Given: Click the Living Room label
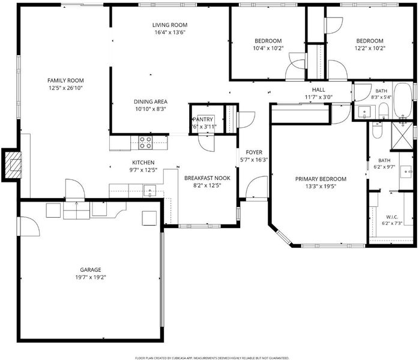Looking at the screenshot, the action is click(x=170, y=25).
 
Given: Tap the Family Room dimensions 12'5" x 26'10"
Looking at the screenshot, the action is click(x=65, y=88).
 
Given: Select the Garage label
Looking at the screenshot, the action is click(x=91, y=270).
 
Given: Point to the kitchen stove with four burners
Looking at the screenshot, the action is click(x=145, y=143).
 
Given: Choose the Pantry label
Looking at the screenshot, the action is click(x=203, y=119).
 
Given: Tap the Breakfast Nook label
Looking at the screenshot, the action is click(x=207, y=178).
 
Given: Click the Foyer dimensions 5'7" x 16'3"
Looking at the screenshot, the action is click(x=254, y=160).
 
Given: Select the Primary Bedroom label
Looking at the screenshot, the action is click(x=321, y=179).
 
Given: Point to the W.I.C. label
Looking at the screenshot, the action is click(x=392, y=217).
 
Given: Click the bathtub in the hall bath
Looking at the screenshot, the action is click(x=403, y=101).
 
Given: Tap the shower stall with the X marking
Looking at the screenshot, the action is click(x=402, y=136).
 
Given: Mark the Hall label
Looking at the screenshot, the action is click(x=319, y=90).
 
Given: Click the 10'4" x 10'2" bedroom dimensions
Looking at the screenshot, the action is click(x=268, y=49).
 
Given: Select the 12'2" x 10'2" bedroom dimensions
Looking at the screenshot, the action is click(x=370, y=49).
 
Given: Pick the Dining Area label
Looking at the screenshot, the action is click(x=151, y=102).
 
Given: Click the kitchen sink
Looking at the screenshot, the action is click(x=150, y=191).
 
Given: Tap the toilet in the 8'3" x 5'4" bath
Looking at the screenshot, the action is click(x=384, y=112).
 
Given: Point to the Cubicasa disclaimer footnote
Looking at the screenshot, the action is click(x=212, y=358).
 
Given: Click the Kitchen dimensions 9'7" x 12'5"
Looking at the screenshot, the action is click(x=143, y=170).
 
